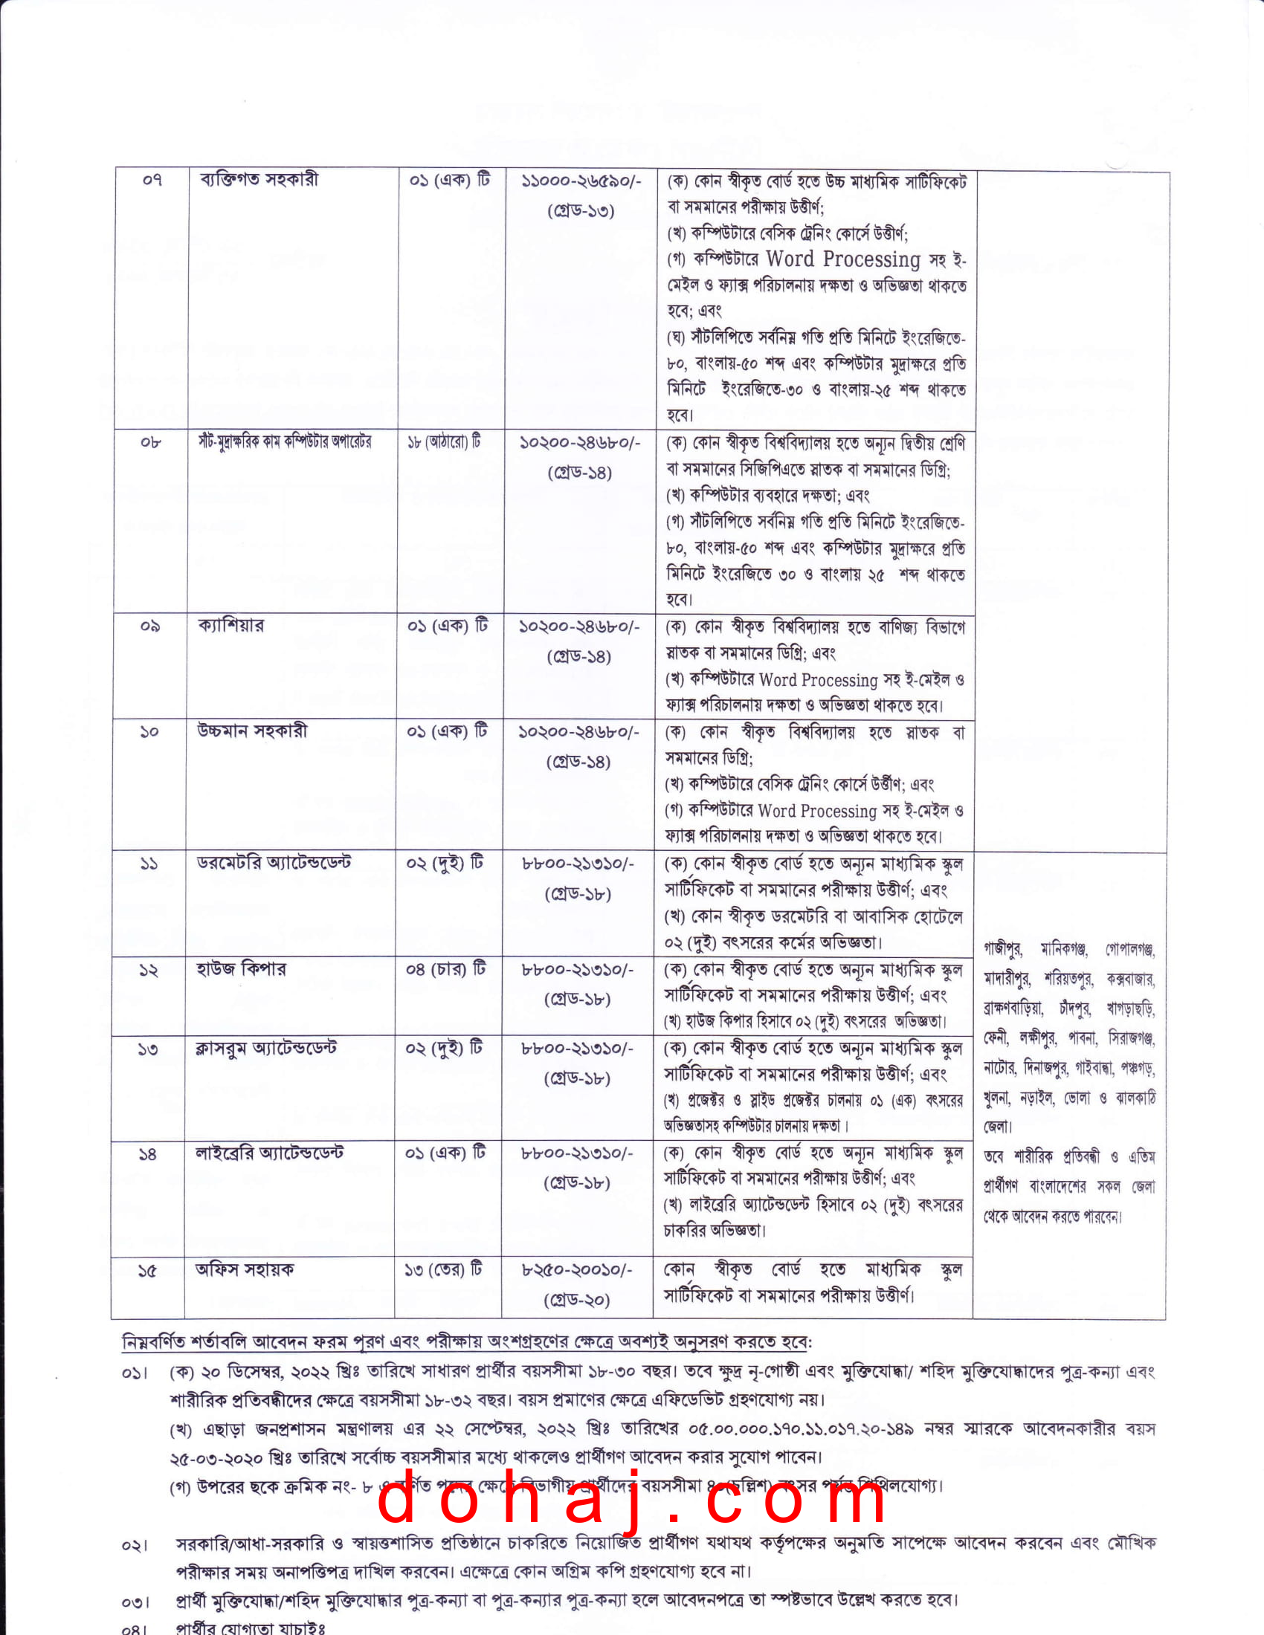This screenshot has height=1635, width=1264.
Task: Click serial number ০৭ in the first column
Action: coord(152,181)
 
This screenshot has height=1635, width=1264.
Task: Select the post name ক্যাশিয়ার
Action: coord(230,625)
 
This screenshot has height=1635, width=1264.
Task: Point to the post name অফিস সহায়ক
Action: coord(245,1269)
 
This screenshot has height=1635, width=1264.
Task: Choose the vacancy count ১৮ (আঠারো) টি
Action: coord(444,441)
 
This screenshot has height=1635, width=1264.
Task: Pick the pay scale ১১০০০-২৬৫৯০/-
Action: coord(581,182)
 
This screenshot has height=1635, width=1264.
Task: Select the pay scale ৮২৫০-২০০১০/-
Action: coord(576,1270)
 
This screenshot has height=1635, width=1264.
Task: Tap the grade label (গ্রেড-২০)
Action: coord(576,1301)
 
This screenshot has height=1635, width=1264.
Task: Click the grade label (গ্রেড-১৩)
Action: coord(581,212)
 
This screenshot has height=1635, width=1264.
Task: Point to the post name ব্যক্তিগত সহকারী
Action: coord(259,180)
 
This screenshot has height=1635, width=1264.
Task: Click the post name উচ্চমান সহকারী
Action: coord(252,731)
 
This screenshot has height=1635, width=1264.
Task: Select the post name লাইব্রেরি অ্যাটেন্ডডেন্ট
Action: coord(270,1153)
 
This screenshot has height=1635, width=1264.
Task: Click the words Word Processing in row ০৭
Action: coord(842,259)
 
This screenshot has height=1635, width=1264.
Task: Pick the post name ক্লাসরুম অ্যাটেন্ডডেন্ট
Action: coord(267,1048)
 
